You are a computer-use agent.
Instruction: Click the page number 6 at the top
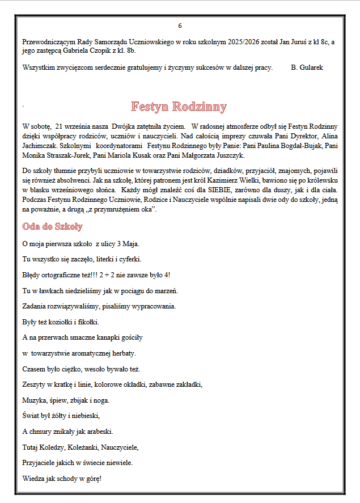(180, 26)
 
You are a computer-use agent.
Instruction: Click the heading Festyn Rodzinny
(179, 107)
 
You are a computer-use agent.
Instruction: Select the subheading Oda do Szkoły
(52, 227)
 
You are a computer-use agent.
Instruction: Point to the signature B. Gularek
(307, 67)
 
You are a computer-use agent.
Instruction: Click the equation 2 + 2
(108, 275)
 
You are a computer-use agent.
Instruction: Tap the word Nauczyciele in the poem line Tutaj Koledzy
(120, 447)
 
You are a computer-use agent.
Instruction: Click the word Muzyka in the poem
(34, 400)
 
